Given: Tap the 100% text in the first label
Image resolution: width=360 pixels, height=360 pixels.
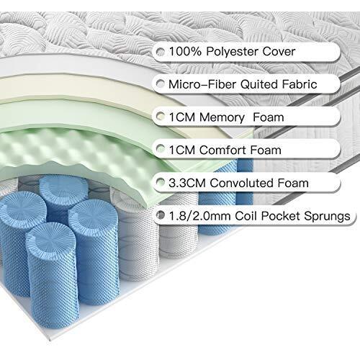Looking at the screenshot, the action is pos(185,51).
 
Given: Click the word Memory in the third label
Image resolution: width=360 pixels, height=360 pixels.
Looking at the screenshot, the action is pos(222,117).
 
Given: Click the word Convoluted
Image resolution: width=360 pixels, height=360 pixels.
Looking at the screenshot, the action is pos(242,183).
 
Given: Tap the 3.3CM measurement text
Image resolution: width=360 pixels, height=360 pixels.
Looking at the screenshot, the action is pos(187,183).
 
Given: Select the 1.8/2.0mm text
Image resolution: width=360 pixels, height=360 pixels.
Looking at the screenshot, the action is pos(199,216).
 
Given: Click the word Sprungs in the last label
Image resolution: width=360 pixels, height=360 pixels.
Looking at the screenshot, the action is pos(327,217).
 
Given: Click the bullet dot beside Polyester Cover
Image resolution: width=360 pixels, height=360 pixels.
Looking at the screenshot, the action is pos(161,51).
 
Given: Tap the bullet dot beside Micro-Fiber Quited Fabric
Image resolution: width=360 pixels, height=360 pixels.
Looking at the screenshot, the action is pos(161,84).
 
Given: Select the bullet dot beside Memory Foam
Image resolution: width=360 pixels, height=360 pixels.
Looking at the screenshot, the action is pos(161,117).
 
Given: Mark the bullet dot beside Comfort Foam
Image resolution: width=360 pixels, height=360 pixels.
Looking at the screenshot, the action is pos(161,149).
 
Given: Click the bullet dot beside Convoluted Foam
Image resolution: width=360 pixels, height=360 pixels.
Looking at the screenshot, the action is pos(161,182).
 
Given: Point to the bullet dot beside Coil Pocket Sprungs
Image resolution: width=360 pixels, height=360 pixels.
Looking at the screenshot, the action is pos(161,215).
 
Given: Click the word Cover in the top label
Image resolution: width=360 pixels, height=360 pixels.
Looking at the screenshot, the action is pos(279,51).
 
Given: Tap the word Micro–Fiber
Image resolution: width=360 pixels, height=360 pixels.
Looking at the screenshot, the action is pos(202,84).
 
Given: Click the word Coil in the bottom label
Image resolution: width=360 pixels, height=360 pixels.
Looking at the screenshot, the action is pos(246,216).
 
